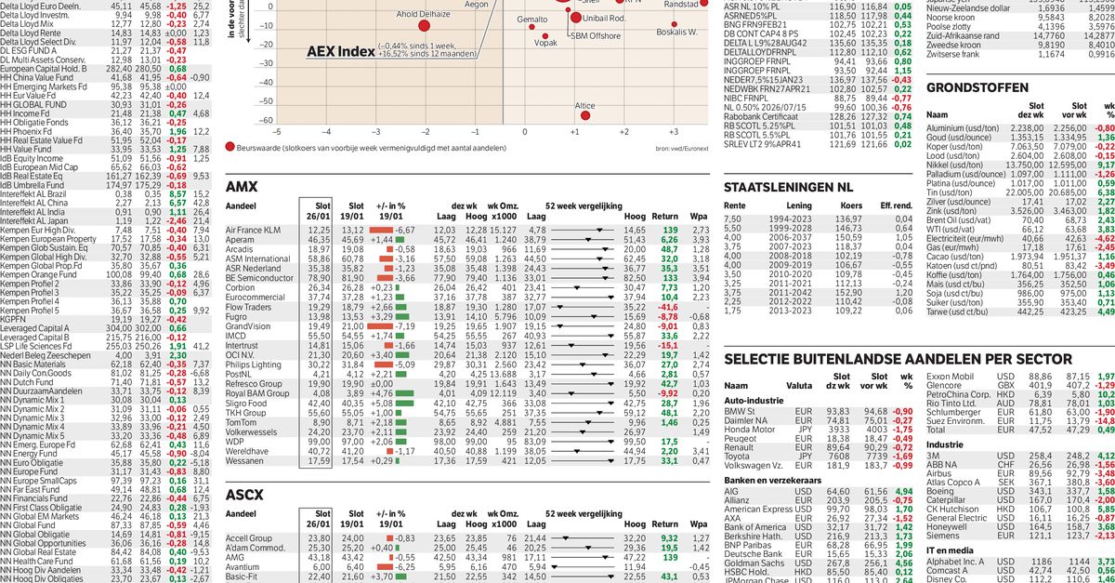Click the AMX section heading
click(x=242, y=186)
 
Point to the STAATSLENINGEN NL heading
click(x=801, y=187)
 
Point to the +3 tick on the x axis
click(x=623, y=134)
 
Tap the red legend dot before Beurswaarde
click(x=230, y=147)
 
